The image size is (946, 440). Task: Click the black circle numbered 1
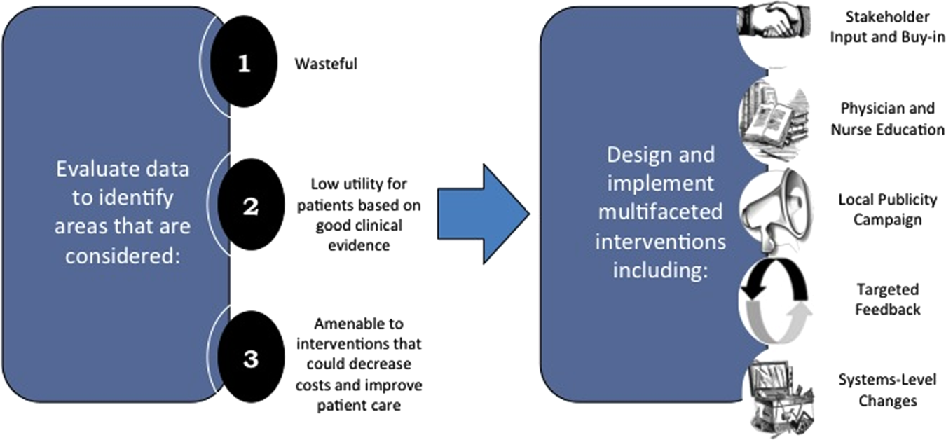[244, 62]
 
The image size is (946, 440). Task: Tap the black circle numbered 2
[251, 205]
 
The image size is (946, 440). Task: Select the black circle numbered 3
[251, 357]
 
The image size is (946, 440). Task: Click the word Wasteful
[326, 64]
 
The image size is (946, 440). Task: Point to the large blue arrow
[483, 214]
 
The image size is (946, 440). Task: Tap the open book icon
[774, 120]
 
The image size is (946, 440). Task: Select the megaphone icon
[776, 210]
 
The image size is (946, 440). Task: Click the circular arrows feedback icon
[776, 301]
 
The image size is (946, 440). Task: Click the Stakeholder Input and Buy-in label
[887, 27]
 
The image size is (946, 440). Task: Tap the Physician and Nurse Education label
[887, 118]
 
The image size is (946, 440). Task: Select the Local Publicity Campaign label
[887, 209]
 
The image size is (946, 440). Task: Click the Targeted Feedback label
[887, 299]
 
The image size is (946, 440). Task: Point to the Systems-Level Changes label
[887, 390]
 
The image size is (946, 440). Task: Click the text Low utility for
[359, 184]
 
